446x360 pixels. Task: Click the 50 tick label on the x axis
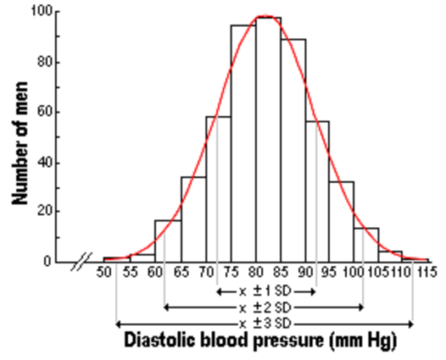point(105,274)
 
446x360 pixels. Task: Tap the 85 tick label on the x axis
point(280,274)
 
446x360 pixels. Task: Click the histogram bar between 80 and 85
point(268,139)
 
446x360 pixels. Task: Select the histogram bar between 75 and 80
point(243,144)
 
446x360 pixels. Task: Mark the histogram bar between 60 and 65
point(168,240)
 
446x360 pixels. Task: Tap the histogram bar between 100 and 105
point(366,245)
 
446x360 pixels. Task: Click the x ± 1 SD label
point(266,292)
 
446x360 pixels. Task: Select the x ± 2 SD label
point(266,307)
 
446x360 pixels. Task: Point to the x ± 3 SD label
point(266,322)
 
